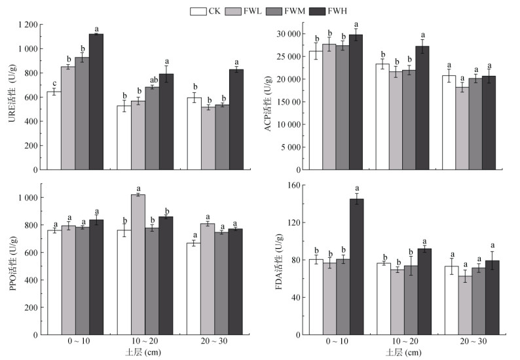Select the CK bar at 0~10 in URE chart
pos(54,130)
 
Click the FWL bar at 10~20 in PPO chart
pos(138,264)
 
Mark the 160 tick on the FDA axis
pos(292,185)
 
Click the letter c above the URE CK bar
pos(54,83)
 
